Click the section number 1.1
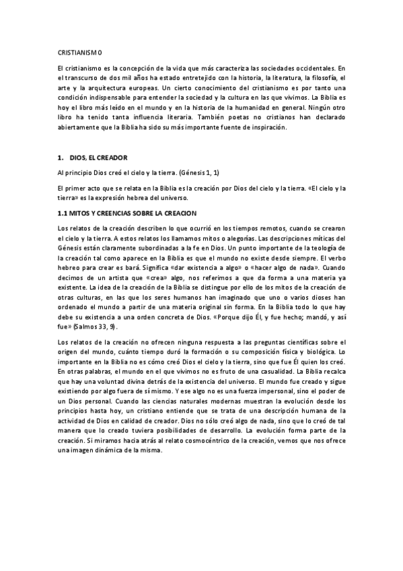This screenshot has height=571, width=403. point(65,213)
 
